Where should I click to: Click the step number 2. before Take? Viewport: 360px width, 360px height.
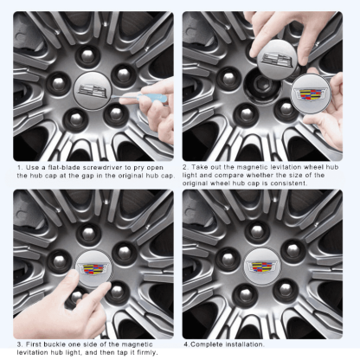[x=185, y=167]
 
